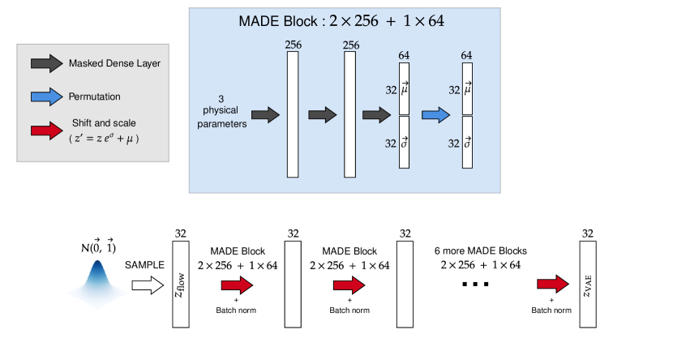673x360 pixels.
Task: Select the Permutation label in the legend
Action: tap(94, 96)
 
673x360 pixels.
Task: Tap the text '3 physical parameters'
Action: tap(221, 111)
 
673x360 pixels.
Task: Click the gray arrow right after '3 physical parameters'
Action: tap(265, 115)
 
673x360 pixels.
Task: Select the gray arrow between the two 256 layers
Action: tap(322, 115)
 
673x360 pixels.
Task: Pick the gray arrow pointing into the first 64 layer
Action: tap(376, 115)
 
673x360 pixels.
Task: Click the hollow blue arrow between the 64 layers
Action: tap(435, 115)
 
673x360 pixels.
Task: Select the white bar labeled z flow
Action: tap(180, 284)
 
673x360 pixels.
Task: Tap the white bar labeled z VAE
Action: tap(588, 284)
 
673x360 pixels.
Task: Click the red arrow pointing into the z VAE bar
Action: tap(552, 284)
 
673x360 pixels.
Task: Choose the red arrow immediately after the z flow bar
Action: tap(237, 285)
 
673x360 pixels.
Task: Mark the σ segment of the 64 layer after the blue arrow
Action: tap(467, 143)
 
